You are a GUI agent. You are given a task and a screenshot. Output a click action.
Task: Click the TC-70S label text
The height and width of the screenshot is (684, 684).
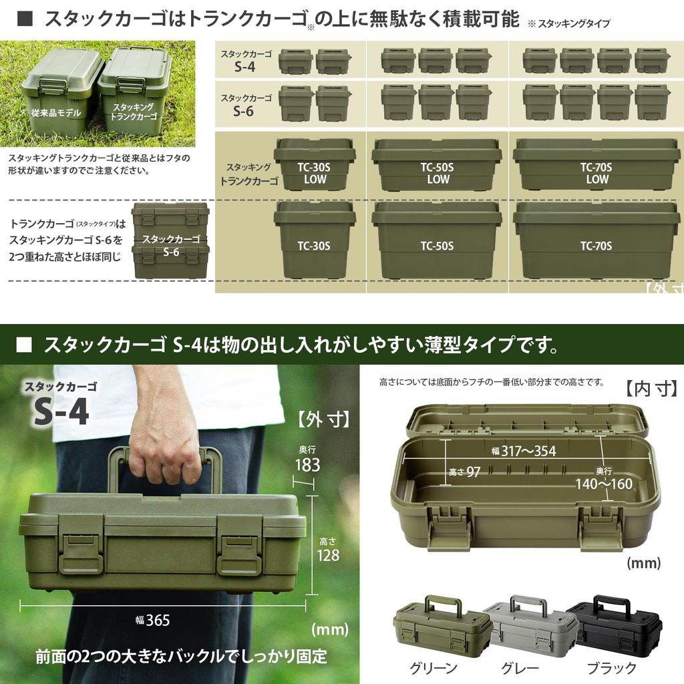tap(596, 246)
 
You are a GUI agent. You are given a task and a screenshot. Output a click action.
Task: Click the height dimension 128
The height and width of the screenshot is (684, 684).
tap(327, 555)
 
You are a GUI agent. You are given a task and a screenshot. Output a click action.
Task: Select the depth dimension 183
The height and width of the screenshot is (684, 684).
tap(307, 465)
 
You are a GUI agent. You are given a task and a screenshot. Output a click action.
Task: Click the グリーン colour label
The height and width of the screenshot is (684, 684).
tap(434, 668)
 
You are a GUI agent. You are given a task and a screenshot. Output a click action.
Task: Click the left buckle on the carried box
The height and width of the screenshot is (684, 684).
tap(81, 552)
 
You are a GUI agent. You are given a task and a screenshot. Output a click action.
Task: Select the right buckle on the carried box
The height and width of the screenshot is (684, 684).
tap(238, 554)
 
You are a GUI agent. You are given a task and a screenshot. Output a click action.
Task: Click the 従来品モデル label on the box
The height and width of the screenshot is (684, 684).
tap(56, 113)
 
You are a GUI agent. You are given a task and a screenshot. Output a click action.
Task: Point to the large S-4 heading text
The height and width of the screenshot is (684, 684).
tap(61, 413)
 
